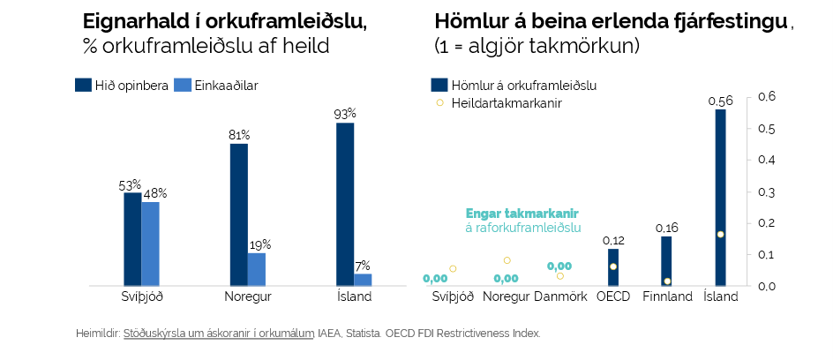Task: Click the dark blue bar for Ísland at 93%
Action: [x=345, y=204]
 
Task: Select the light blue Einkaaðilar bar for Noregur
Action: [x=257, y=269]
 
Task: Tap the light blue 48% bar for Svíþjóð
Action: [x=150, y=244]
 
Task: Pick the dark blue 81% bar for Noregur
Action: [x=238, y=214]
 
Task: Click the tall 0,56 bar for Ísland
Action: [x=720, y=197]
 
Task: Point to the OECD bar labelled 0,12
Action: [x=613, y=266]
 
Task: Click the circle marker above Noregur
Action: [x=507, y=260]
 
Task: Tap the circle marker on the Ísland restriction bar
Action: [x=720, y=234]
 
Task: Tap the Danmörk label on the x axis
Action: [x=560, y=296]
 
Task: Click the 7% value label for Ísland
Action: [x=363, y=266]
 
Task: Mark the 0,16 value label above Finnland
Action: [x=666, y=229]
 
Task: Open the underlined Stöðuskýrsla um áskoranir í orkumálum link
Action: [x=220, y=334]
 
